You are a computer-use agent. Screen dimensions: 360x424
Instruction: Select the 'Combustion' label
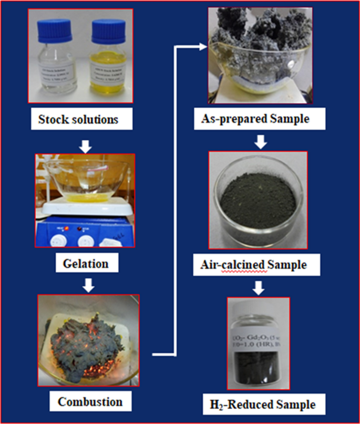(90, 402)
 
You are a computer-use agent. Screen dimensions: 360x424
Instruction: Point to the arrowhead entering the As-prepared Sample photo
(202, 47)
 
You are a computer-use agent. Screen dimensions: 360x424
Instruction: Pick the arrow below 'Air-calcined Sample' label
(261, 287)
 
